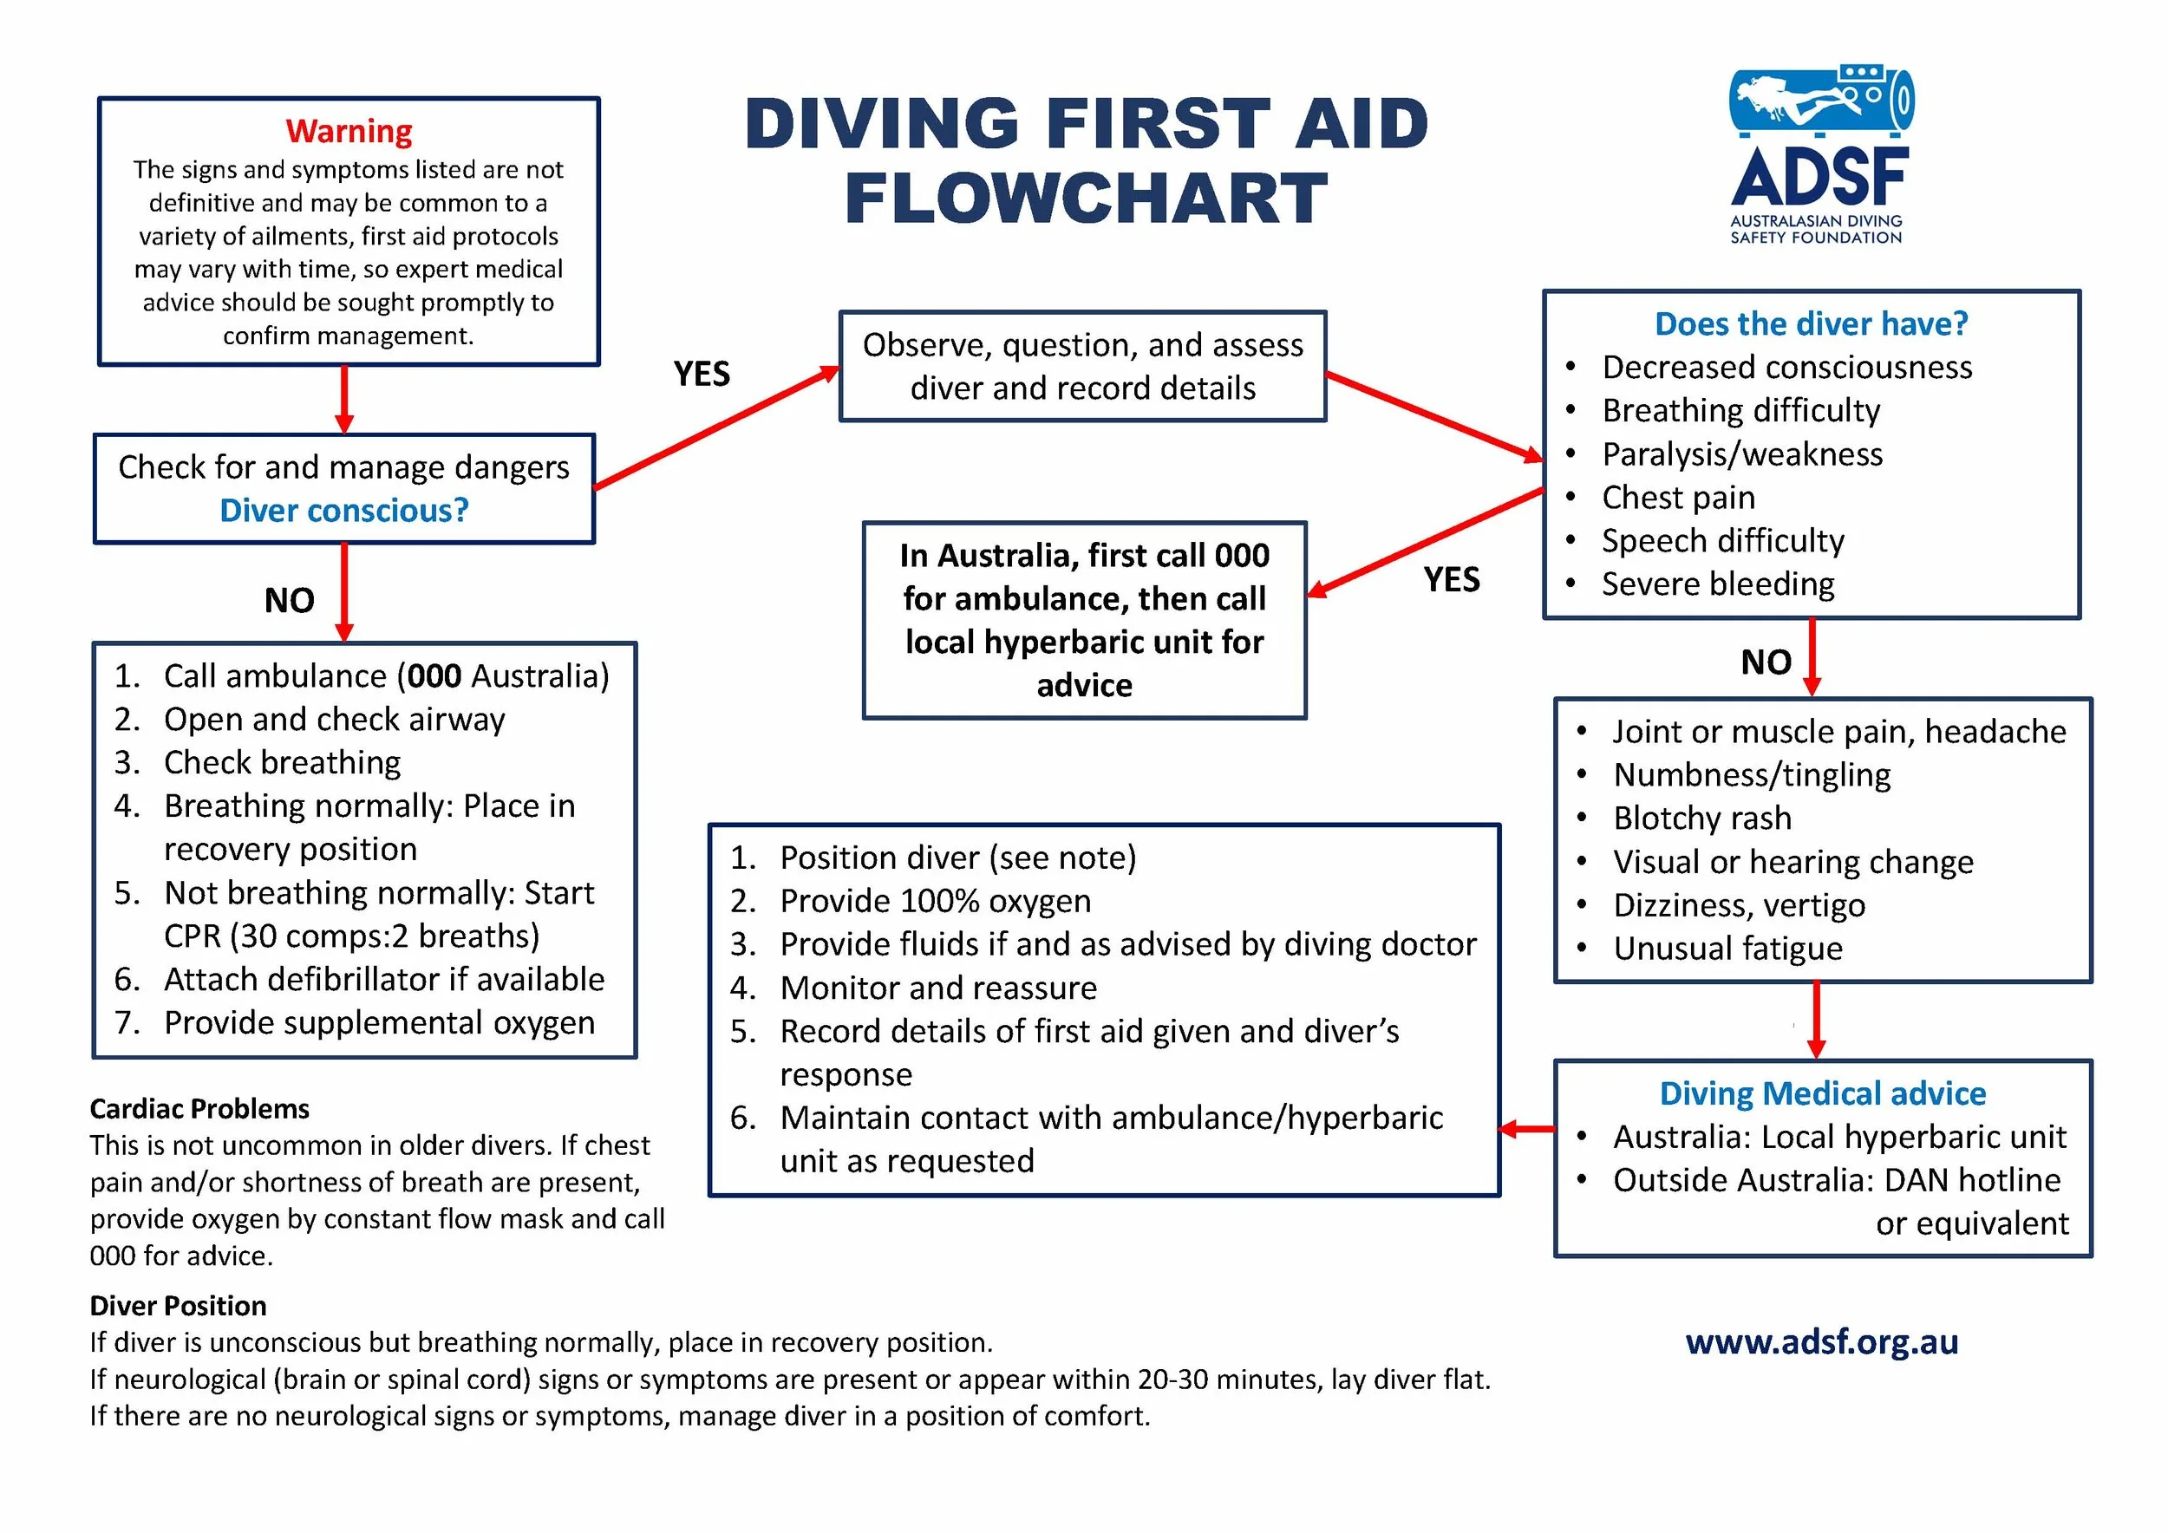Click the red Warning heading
[x=349, y=131]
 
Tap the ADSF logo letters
[x=1819, y=178]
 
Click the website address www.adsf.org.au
[x=1821, y=1341]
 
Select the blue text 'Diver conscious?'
[x=343, y=511]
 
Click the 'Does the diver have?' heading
[x=1811, y=323]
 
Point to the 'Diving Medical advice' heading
[x=1822, y=1093]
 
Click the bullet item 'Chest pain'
[x=1678, y=498]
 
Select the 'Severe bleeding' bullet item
[x=1718, y=584]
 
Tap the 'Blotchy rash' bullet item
[x=1701, y=819]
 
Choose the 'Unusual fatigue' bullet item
[x=1727, y=949]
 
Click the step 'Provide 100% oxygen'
[x=935, y=902]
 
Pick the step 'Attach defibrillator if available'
[x=383, y=980]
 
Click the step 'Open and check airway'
[x=334, y=721]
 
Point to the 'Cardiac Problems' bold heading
[x=199, y=1108]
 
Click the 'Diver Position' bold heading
[x=178, y=1306]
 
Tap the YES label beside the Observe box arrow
[x=702, y=374]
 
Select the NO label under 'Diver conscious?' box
[x=289, y=600]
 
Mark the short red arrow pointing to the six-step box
[x=1527, y=1129]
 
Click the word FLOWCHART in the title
[x=1086, y=199]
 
